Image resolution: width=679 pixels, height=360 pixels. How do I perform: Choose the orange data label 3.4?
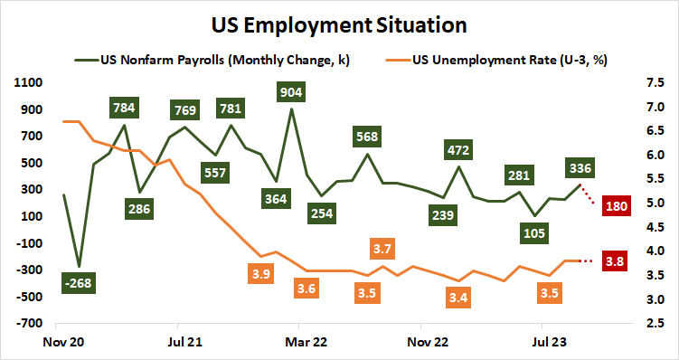tap(457, 297)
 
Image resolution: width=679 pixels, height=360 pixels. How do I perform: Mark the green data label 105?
tap(535, 232)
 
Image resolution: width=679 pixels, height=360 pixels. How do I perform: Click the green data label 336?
tap(579, 167)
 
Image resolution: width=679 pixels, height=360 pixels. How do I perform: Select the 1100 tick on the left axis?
tap(29, 82)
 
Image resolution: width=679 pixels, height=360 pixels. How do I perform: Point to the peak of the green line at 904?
tap(291, 109)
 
